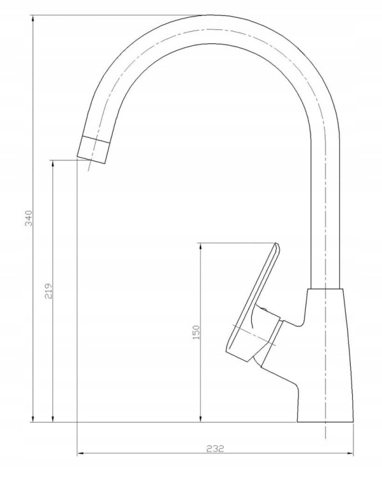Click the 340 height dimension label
29,218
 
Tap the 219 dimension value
49,291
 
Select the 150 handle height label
196,332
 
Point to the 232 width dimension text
215,448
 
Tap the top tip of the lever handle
277,244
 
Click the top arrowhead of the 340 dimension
33,19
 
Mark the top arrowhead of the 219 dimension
53,163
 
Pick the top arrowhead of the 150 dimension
200,247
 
